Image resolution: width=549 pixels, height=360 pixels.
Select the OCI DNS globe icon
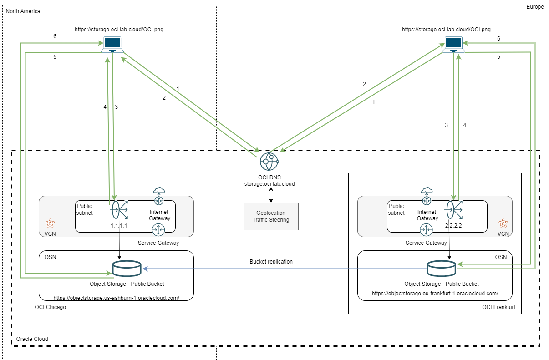click(x=269, y=161)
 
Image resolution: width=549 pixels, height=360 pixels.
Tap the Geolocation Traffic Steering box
click(x=271, y=216)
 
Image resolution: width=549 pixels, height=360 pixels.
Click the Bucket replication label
click(x=271, y=262)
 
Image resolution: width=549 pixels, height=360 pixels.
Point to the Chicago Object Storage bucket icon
click(x=127, y=269)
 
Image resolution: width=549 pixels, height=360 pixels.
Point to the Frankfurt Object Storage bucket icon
click(x=441, y=269)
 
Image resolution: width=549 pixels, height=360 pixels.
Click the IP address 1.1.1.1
click(x=120, y=226)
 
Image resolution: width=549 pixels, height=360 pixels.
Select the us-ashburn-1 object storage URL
click(x=116, y=298)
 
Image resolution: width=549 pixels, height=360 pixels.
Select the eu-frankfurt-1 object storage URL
click(x=435, y=294)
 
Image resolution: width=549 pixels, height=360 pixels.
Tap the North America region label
click(x=23, y=11)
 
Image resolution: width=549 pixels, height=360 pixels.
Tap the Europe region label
click(x=535, y=7)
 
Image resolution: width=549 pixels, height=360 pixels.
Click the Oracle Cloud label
click(x=32, y=339)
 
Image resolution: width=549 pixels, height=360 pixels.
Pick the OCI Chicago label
click(x=51, y=307)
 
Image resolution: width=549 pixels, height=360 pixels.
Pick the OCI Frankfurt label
click(x=498, y=307)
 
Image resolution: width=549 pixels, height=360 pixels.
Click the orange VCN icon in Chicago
click(x=50, y=223)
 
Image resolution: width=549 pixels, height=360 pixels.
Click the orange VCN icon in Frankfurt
click(x=503, y=223)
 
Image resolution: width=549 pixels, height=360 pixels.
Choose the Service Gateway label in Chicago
click(x=158, y=243)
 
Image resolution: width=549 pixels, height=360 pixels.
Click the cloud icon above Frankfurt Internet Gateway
click(x=427, y=190)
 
